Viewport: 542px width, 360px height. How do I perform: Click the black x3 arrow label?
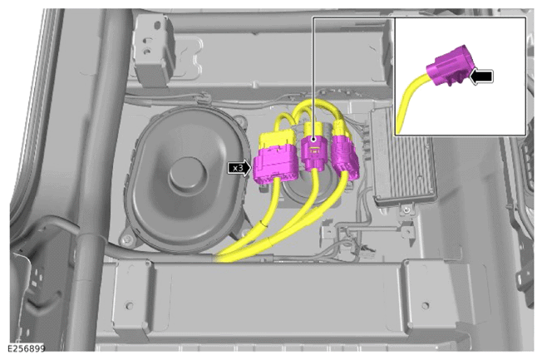coord(239,168)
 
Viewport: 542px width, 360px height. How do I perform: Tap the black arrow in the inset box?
coord(481,76)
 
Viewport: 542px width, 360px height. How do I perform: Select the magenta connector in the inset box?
coord(447,66)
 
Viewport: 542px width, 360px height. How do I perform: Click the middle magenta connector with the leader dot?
coord(313,153)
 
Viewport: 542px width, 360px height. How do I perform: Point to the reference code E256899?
coord(27,348)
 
